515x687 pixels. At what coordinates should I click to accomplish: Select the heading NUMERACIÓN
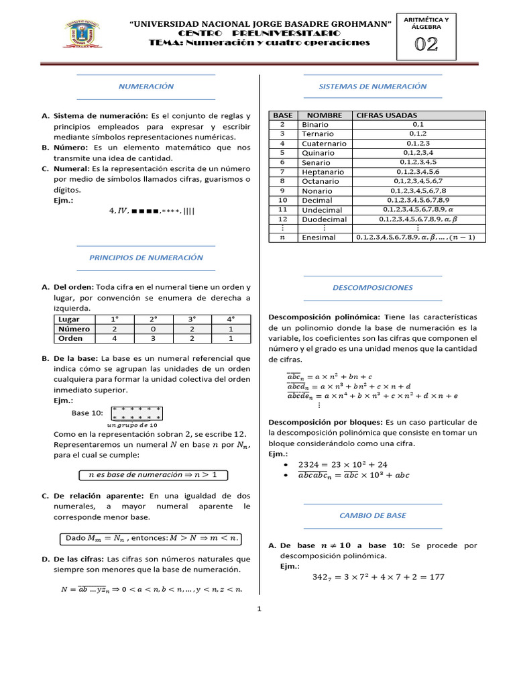[x=146, y=87]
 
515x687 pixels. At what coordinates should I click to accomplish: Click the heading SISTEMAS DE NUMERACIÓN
[x=373, y=87]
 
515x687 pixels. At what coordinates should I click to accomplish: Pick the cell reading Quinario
[x=318, y=153]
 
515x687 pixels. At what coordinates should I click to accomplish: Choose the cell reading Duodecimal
[x=325, y=219]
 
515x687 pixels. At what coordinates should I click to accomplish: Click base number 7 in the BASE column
[x=282, y=172]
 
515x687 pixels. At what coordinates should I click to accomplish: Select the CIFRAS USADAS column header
[x=386, y=115]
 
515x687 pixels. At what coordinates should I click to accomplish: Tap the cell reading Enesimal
[x=319, y=237]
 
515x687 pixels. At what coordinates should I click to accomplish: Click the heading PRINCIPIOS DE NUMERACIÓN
[x=146, y=258]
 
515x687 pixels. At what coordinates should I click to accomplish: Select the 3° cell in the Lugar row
[x=192, y=320]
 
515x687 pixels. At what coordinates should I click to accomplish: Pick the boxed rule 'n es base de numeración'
[x=153, y=475]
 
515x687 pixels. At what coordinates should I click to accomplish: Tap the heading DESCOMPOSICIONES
[x=373, y=288]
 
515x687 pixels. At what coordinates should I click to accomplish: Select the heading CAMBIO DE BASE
[x=373, y=516]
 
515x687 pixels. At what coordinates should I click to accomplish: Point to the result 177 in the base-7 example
[x=434, y=577]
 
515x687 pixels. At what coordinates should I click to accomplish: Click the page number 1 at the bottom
[x=259, y=609]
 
